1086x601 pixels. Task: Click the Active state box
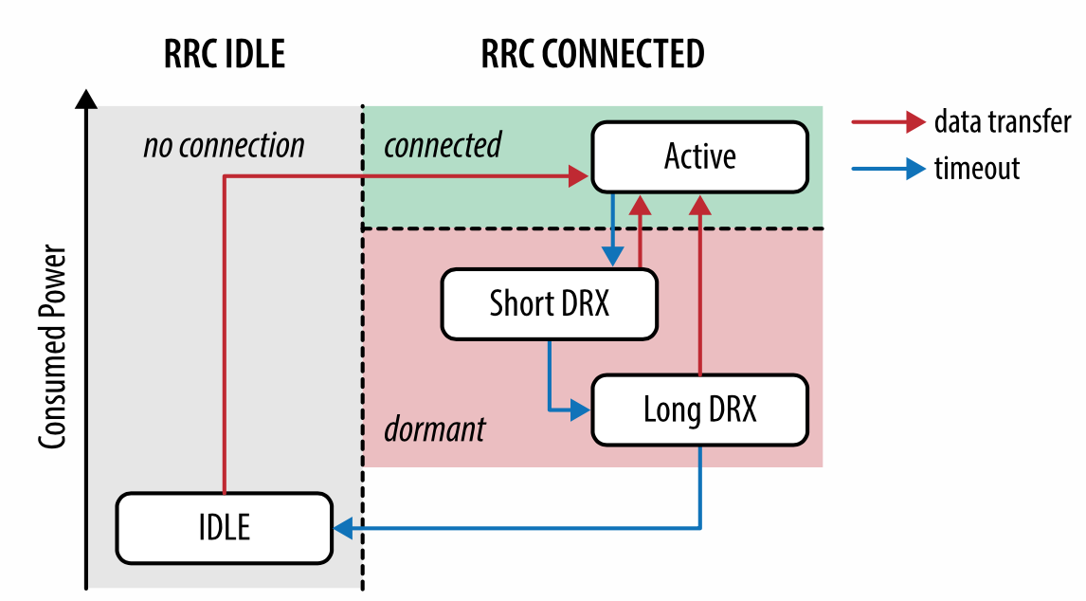coord(699,156)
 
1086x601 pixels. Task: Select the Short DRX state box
coord(549,303)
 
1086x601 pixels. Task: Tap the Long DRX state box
coord(699,410)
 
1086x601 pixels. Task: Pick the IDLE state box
coord(224,527)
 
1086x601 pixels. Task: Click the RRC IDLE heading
coord(224,54)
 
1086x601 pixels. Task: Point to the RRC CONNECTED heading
coord(592,54)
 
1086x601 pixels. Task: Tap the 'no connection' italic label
coord(224,146)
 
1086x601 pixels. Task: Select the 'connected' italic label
coord(442,145)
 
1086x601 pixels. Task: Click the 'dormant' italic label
coord(434,429)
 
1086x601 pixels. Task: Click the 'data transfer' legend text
coord(1003,121)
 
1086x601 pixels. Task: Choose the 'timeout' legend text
coord(976,169)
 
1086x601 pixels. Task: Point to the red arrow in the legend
coord(888,121)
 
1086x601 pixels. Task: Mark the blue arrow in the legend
coord(888,169)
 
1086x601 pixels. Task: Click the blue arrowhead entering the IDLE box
coord(343,527)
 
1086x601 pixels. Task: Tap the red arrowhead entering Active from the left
coord(580,175)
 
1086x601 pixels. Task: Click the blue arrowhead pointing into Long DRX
coord(580,410)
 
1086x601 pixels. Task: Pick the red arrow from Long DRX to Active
coord(699,284)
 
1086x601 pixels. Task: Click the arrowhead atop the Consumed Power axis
coord(86,99)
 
